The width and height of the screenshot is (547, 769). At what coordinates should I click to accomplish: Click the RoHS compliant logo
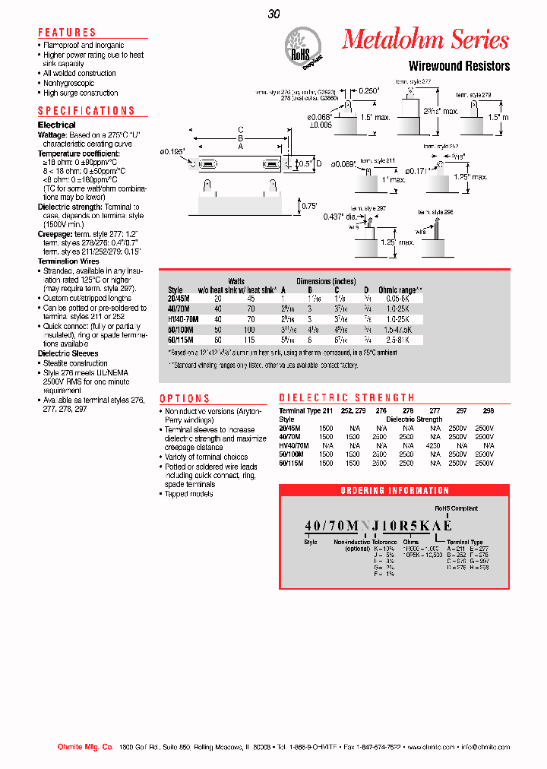[302, 46]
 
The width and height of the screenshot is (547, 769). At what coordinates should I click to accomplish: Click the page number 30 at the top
[274, 13]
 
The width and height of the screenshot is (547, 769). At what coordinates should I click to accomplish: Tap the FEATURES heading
[67, 33]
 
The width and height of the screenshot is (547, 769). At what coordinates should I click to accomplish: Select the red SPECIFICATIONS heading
[86, 111]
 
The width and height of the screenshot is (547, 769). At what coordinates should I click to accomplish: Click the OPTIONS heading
[185, 398]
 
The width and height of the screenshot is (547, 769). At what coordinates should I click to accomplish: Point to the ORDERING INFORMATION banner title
[394, 491]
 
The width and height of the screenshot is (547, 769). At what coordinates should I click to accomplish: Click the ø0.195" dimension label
[172, 152]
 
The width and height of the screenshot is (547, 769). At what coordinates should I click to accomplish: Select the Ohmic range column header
[400, 290]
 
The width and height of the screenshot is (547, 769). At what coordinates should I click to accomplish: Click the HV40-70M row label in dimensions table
[182, 319]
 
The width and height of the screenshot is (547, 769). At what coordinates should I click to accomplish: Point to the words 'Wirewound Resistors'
[459, 66]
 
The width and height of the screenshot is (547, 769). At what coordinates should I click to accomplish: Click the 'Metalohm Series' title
[425, 40]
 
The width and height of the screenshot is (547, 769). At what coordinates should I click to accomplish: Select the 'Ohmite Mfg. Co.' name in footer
[85, 747]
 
